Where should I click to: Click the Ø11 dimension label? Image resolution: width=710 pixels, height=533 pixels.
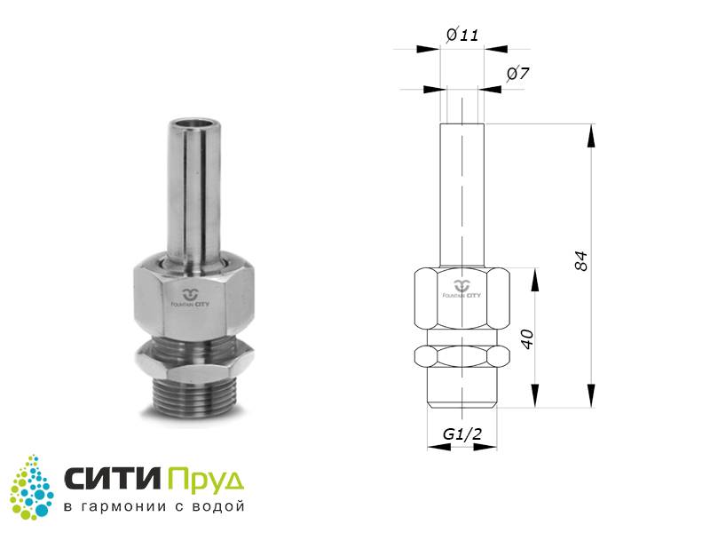462,35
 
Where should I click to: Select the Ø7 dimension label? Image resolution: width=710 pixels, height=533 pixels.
518,74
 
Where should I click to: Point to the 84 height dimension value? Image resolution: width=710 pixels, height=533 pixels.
581,260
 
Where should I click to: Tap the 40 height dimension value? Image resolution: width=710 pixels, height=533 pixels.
528,339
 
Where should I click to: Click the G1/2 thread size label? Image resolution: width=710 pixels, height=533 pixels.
461,434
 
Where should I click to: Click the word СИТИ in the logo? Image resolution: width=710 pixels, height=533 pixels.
114,478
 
